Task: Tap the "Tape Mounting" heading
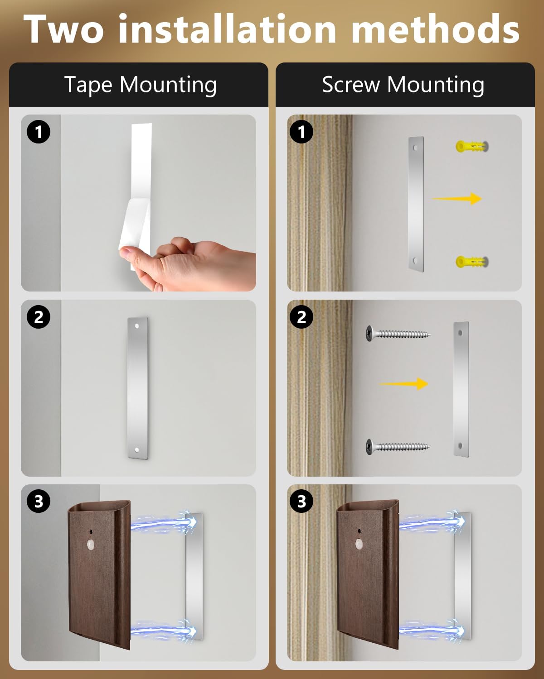pyautogui.click(x=140, y=85)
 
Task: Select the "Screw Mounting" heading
pyautogui.click(x=403, y=85)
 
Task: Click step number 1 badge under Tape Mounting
pyautogui.click(x=39, y=132)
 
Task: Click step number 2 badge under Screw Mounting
pyautogui.click(x=301, y=317)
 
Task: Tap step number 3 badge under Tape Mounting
pyautogui.click(x=39, y=502)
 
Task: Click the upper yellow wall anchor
pyautogui.click(x=471, y=147)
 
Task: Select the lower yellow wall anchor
pyautogui.click(x=471, y=262)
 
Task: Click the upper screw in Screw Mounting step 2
pyautogui.click(x=397, y=334)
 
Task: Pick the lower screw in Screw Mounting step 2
pyautogui.click(x=397, y=447)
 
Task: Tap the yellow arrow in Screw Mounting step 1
pyautogui.click(x=457, y=198)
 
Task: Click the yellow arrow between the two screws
pyautogui.click(x=403, y=384)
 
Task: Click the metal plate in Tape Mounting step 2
pyautogui.click(x=138, y=388)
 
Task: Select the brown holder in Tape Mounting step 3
pyautogui.click(x=99, y=573)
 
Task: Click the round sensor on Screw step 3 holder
pyautogui.click(x=360, y=544)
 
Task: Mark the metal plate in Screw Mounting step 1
pyautogui.click(x=416, y=204)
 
